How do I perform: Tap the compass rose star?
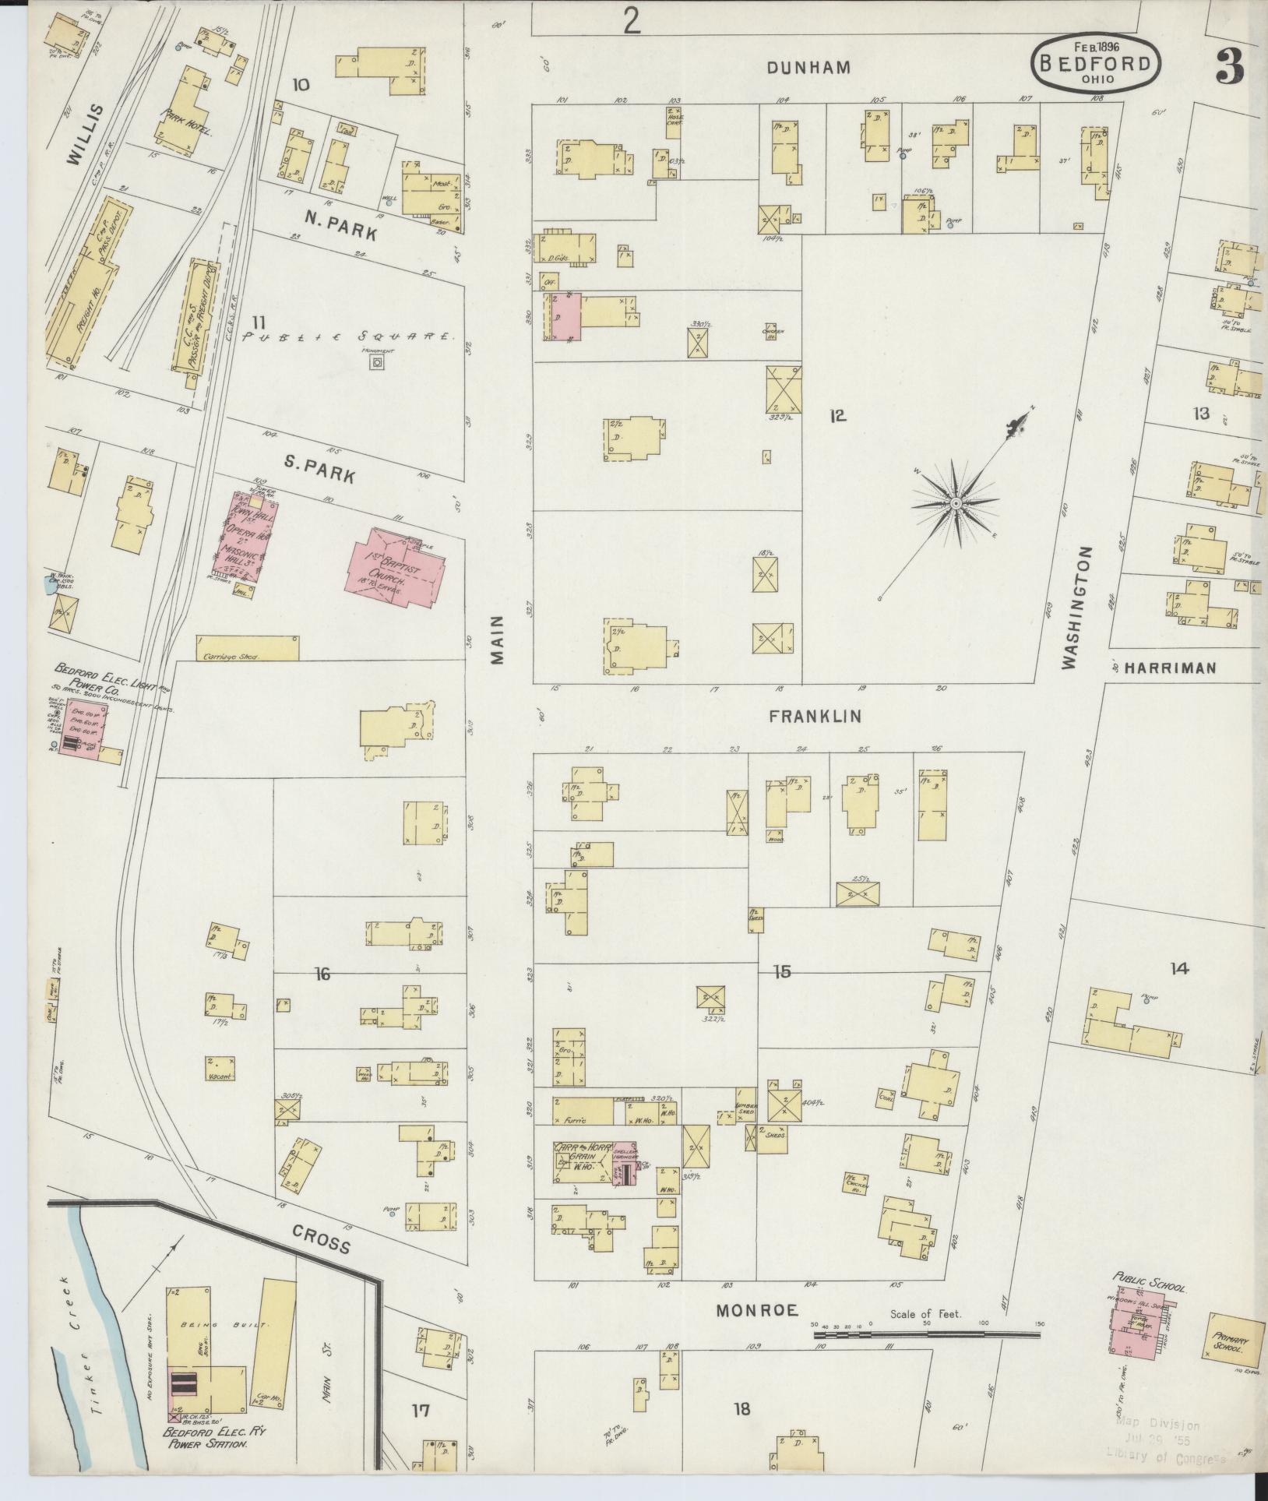[955, 504]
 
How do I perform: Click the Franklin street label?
[815, 716]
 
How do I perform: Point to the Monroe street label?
[758, 1311]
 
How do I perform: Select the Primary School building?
[1235, 1337]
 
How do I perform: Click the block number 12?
[837, 416]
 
